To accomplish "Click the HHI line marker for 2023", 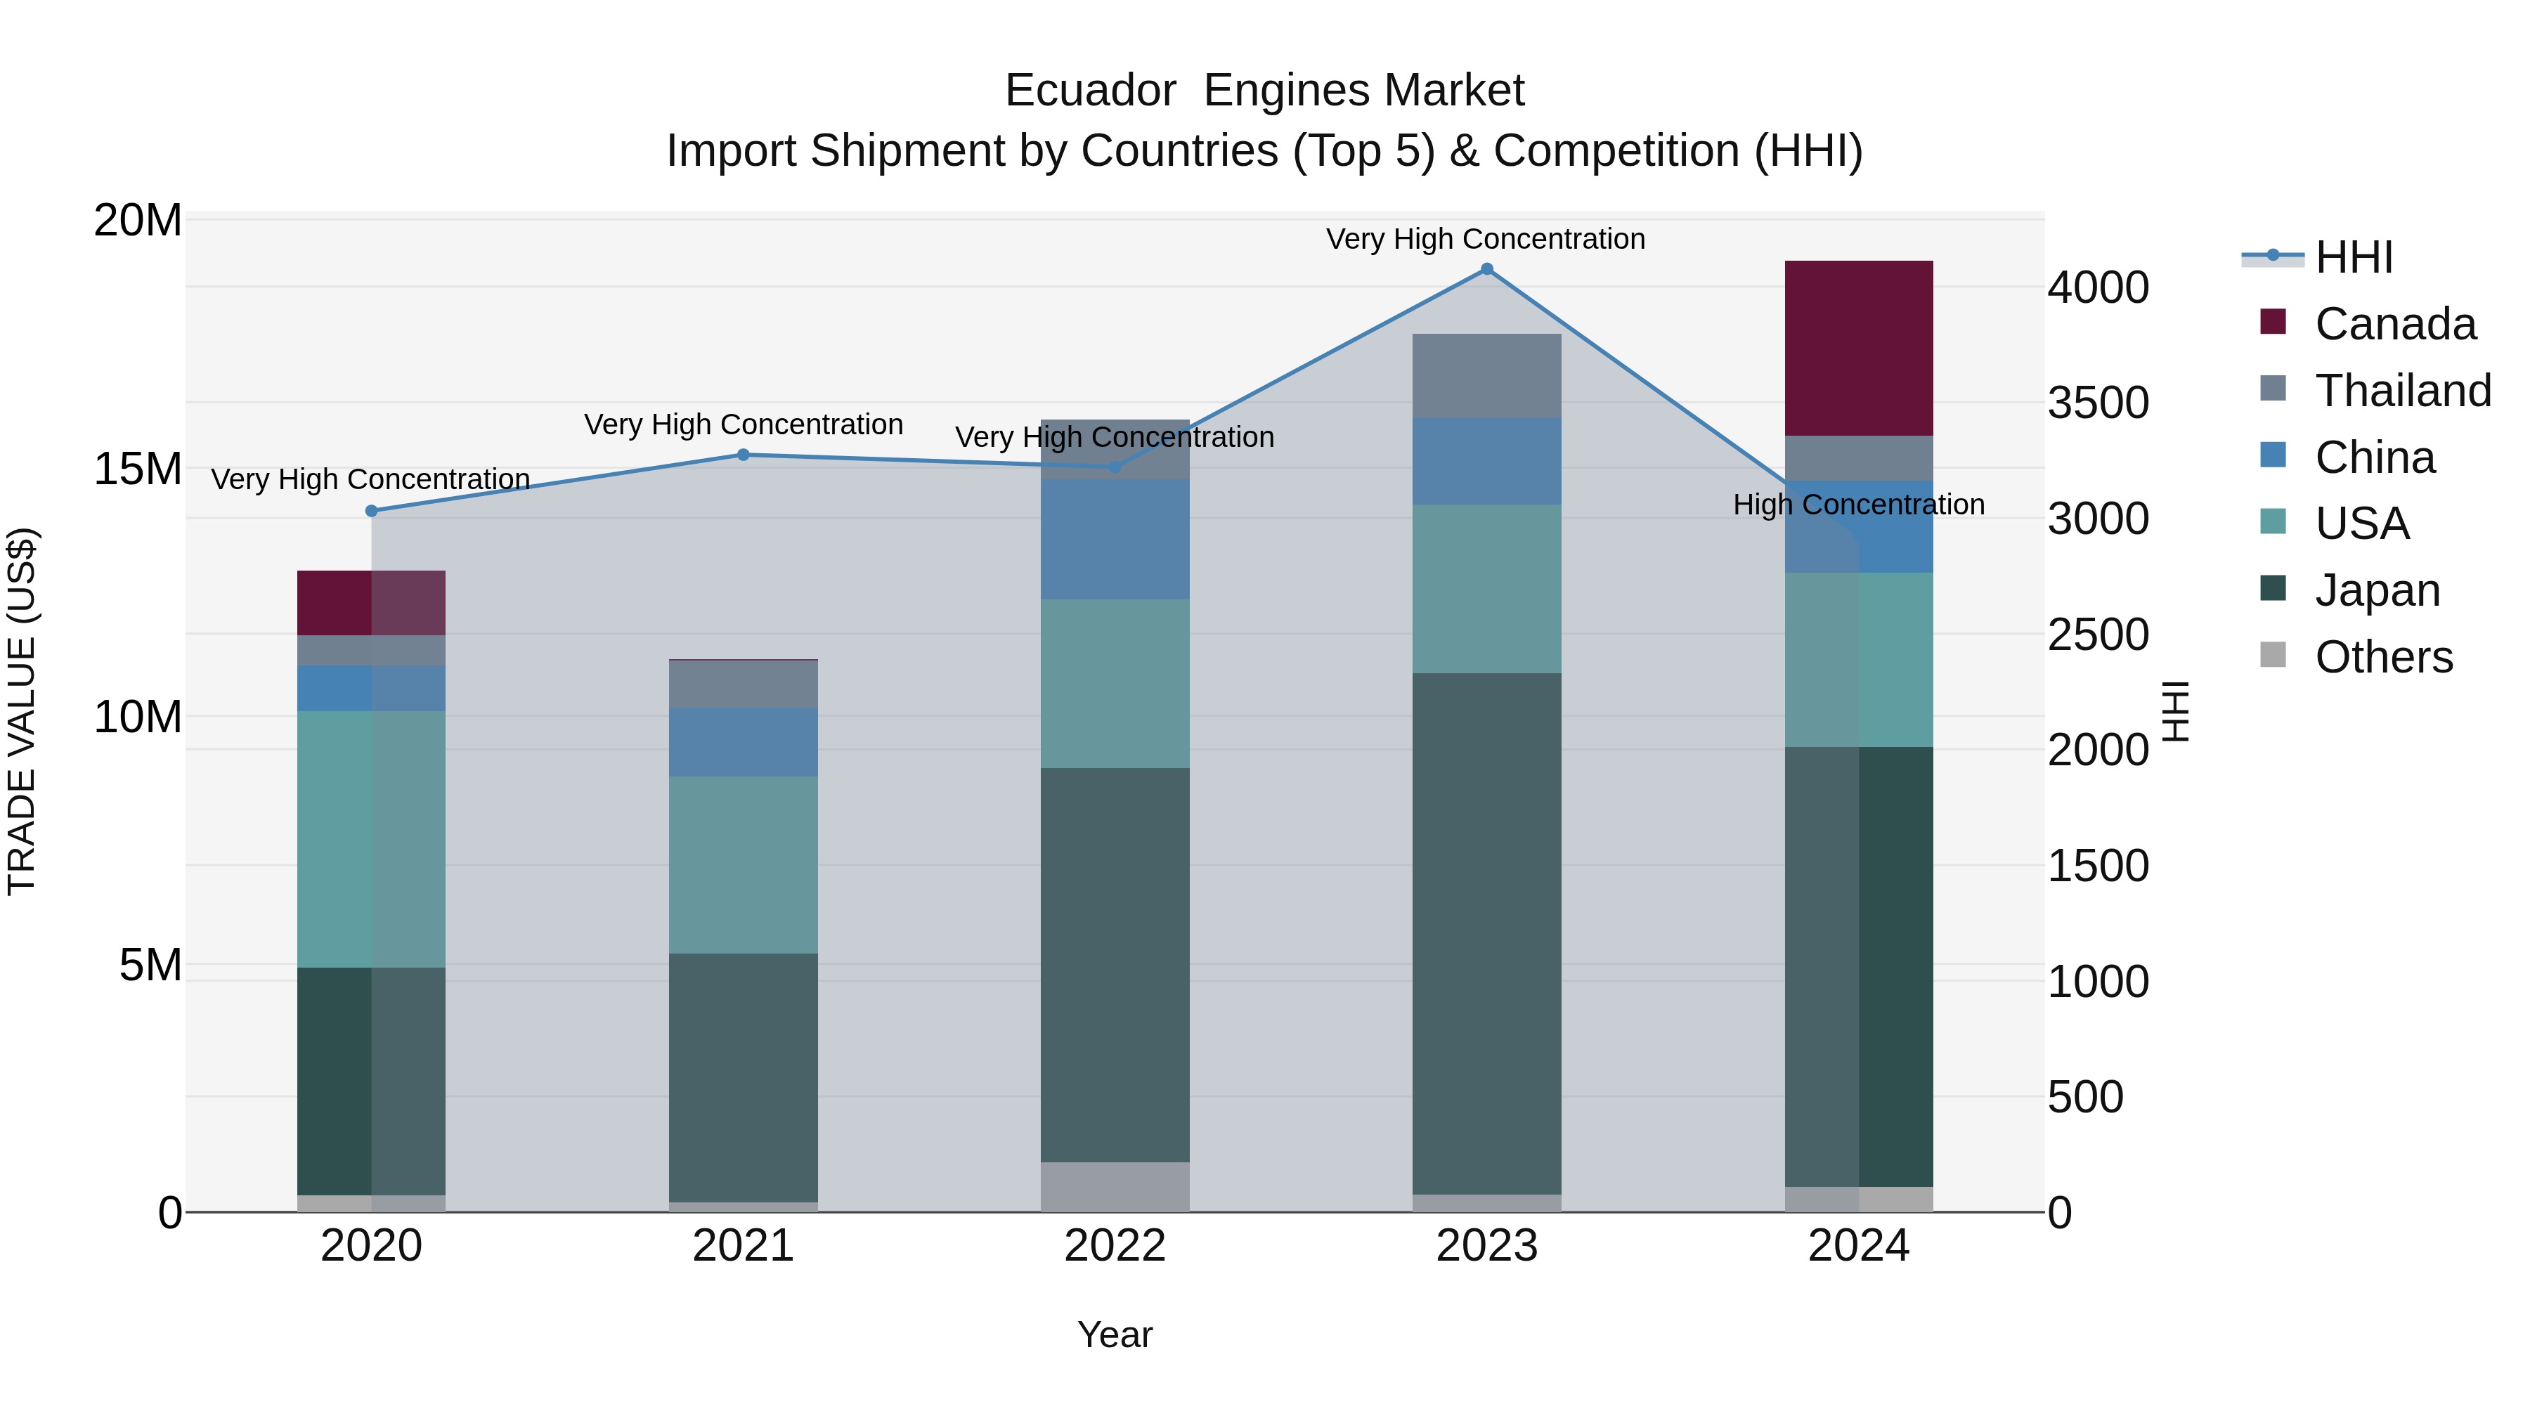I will (1486, 269).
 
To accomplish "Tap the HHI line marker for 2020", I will (371, 511).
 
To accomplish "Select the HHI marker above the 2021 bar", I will (744, 455).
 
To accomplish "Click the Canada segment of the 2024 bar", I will (1858, 349).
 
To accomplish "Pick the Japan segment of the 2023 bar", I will (1486, 933).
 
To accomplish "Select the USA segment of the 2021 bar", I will (744, 864).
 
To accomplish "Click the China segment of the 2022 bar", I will (1115, 539).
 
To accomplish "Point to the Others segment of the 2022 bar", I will (1115, 1186).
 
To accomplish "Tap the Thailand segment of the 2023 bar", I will (1486, 375).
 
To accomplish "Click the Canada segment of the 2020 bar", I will (371, 603).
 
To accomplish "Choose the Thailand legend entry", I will (2402, 391).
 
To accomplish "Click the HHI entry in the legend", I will (2353, 257).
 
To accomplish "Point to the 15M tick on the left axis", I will (138, 469).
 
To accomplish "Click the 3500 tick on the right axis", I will (2098, 403).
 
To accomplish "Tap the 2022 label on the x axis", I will (1115, 1246).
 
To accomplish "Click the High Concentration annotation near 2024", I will (1858, 505).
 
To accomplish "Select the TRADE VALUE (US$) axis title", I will (22, 711).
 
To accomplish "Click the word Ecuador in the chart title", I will (1090, 91).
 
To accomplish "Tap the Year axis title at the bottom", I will (1115, 1334).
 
